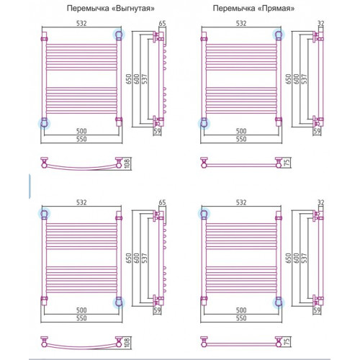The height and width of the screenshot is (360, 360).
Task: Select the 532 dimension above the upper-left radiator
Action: (x=81, y=23)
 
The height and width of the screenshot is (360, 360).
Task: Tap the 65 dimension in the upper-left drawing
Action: (x=163, y=23)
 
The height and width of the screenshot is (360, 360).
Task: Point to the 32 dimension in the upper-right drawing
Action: (x=320, y=23)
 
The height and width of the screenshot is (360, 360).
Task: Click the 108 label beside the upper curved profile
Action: (x=127, y=163)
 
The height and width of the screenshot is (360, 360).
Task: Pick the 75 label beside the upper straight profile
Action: (x=287, y=162)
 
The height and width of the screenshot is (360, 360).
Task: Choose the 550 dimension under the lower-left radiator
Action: (x=81, y=318)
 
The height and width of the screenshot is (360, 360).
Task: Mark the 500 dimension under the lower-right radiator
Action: (x=241, y=310)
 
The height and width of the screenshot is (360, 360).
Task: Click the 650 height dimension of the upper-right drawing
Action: (x=288, y=79)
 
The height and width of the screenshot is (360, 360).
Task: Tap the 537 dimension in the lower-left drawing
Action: (x=144, y=258)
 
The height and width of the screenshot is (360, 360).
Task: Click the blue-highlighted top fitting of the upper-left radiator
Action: (x=119, y=35)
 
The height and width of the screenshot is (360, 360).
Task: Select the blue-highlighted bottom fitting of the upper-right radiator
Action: (x=204, y=124)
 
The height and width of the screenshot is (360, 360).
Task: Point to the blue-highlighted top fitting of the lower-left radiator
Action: (x=44, y=214)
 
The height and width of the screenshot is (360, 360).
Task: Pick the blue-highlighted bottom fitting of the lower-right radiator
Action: (x=279, y=302)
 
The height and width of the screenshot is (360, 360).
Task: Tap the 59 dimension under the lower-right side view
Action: (x=317, y=310)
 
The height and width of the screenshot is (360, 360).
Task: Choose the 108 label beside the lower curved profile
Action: (x=127, y=343)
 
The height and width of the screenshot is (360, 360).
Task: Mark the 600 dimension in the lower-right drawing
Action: (x=296, y=258)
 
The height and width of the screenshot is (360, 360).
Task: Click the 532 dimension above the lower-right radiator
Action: (x=241, y=202)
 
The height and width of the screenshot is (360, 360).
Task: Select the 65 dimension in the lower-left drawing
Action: (x=163, y=202)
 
